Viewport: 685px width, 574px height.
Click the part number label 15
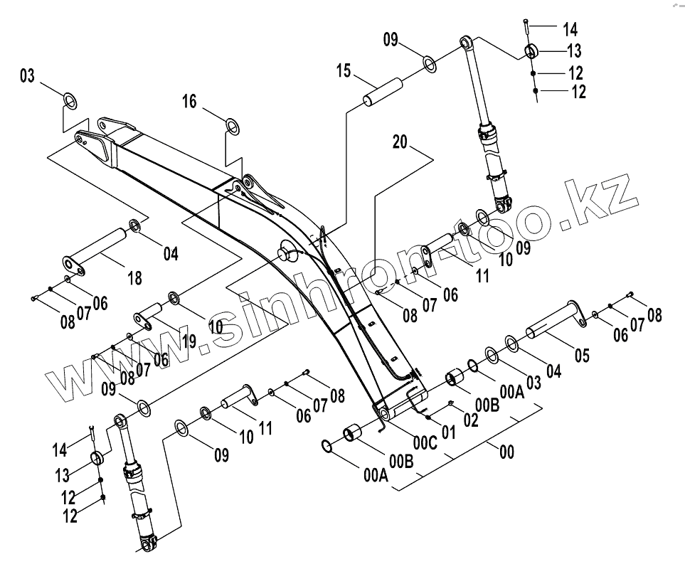(x=344, y=71)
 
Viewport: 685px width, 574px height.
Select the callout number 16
(x=188, y=102)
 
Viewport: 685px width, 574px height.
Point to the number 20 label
(x=400, y=142)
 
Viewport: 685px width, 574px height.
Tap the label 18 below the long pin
(x=134, y=278)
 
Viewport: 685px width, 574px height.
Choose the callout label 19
(x=188, y=342)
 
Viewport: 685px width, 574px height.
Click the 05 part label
(x=582, y=355)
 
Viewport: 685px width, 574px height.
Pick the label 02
(x=471, y=420)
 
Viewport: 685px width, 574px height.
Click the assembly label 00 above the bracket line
(x=506, y=452)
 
